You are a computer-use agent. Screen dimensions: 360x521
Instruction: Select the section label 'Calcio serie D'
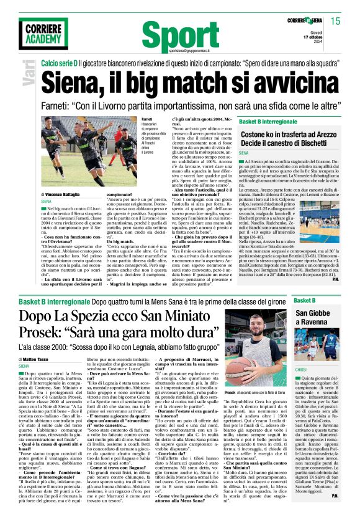click(x=60, y=65)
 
